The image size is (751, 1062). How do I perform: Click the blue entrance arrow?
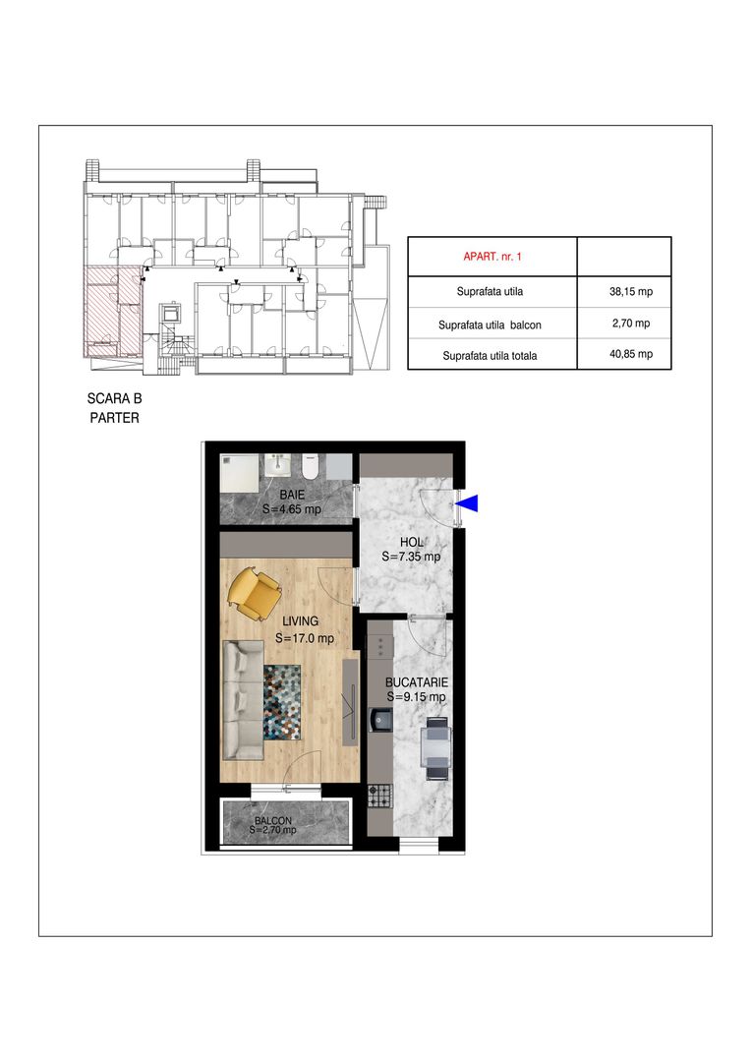[469, 502]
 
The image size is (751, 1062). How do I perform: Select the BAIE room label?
[292, 495]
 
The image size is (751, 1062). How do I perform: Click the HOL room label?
[412, 542]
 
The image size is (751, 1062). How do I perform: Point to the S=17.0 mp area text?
[305, 638]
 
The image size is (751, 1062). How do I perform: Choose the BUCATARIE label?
[417, 682]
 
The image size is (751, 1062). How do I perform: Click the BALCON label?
[273, 820]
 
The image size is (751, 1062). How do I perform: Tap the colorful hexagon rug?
[282, 701]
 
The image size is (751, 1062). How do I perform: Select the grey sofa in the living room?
[243, 700]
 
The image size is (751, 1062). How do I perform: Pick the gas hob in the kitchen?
[379, 796]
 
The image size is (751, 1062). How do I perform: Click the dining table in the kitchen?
[434, 748]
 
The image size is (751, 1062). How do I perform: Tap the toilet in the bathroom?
[311, 466]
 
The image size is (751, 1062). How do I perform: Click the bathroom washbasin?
[277, 465]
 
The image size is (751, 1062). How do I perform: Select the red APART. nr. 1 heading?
[492, 257]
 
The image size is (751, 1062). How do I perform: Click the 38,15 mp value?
[631, 292]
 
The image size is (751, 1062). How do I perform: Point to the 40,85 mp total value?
[631, 354]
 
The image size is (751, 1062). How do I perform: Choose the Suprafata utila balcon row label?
[490, 325]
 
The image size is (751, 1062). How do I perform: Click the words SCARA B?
[114, 399]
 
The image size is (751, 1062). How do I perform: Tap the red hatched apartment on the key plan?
[112, 310]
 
